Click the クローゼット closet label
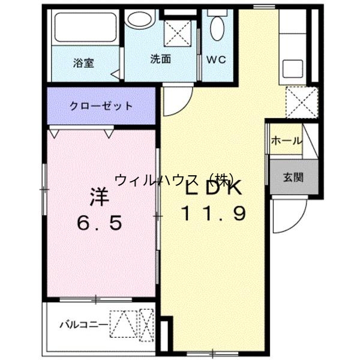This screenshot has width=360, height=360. [101, 106]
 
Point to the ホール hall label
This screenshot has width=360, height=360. [286, 140]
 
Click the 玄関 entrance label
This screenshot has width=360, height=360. [293, 177]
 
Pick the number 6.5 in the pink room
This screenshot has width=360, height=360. [100, 223]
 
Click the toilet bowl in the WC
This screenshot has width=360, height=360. [217, 26]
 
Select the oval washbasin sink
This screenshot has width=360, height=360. [140, 19]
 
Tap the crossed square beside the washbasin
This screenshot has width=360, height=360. [179, 31]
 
